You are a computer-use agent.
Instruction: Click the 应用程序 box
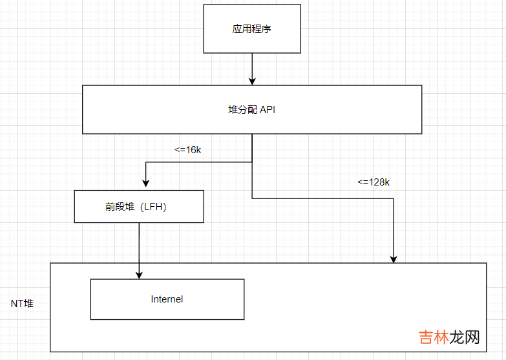pos(252,29)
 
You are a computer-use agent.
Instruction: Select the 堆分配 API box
pos(252,110)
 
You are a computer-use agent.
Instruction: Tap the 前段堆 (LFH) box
pos(139,207)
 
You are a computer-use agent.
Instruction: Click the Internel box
pos(167,299)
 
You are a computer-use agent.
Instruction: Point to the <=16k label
pos(188,150)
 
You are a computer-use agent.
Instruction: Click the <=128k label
pos(374,182)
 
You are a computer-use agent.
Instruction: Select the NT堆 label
pos(23,303)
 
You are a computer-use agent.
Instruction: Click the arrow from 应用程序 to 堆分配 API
pos(252,68)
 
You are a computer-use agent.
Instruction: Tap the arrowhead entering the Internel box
pos(139,275)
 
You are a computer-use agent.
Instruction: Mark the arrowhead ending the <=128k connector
pos(394,259)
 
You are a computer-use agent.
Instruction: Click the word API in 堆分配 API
pos(268,110)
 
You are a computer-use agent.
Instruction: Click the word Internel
pos(167,299)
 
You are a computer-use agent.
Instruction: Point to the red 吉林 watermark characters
pos(434,338)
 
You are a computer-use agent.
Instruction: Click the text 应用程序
pos(252,29)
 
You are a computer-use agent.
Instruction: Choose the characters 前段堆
pos(120,207)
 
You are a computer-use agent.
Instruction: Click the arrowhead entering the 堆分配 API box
pos(252,81)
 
